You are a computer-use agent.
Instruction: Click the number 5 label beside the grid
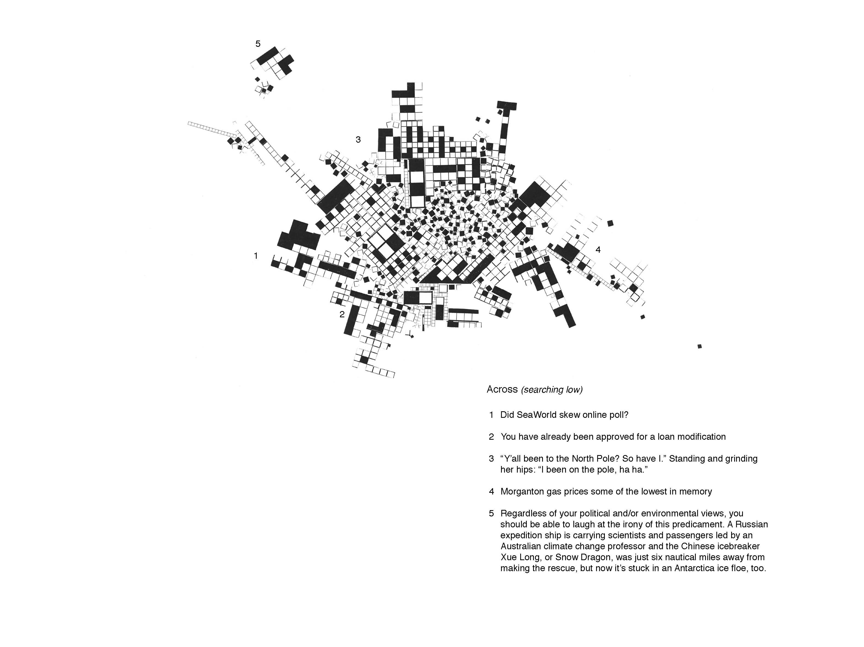(x=258, y=44)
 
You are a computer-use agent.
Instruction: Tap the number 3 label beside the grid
(x=358, y=139)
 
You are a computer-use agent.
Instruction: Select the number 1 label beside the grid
(x=256, y=256)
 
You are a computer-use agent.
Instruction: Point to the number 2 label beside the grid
(x=342, y=314)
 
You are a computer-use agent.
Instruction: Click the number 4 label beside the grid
(x=598, y=249)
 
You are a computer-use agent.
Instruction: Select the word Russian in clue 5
(x=753, y=524)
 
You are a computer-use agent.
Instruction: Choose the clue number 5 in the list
(x=491, y=513)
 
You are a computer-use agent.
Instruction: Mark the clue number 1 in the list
(x=491, y=415)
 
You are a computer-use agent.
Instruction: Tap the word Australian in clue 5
(x=520, y=546)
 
